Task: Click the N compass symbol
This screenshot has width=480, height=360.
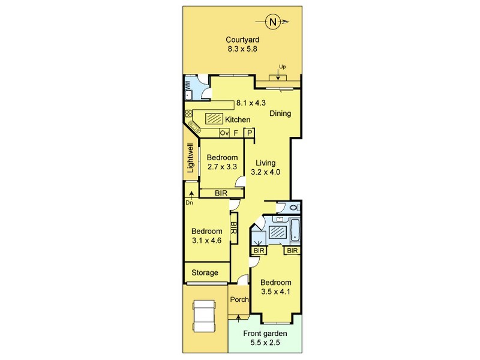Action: click(x=272, y=22)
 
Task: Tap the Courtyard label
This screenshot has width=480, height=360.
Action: click(x=242, y=40)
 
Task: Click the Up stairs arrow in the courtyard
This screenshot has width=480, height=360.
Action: click(x=278, y=74)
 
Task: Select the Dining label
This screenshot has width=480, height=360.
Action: click(x=280, y=113)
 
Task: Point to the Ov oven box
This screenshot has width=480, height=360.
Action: click(x=224, y=133)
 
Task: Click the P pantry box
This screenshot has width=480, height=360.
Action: click(x=250, y=133)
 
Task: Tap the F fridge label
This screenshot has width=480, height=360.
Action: click(x=236, y=133)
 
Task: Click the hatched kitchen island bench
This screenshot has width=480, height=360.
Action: click(x=214, y=118)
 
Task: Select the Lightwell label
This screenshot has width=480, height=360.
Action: click(x=190, y=158)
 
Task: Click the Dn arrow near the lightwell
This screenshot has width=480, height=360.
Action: click(x=191, y=196)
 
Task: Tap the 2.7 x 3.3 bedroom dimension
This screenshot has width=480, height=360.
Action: click(x=222, y=167)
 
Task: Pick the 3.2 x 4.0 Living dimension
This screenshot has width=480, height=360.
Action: click(x=266, y=172)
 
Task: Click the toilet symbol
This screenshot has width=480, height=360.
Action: click(x=294, y=208)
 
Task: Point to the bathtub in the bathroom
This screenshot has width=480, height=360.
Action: click(x=295, y=230)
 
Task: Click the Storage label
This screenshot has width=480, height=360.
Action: click(x=205, y=273)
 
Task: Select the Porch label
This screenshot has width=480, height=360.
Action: click(x=239, y=299)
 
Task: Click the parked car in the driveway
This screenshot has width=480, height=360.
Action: click(x=204, y=316)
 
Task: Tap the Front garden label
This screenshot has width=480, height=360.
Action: click(x=265, y=334)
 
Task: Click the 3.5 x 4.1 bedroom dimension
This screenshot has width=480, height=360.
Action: click(x=275, y=292)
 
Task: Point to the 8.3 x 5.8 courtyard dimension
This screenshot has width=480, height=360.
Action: click(x=242, y=49)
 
